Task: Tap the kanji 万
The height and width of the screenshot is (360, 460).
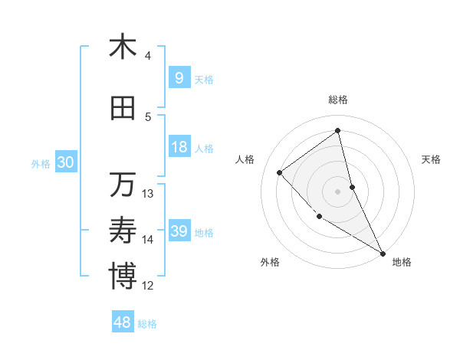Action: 123,185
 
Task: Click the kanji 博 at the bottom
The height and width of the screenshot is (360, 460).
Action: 123,277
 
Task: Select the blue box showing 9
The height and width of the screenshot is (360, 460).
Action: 179,78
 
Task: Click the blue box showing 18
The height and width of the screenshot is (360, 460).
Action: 179,147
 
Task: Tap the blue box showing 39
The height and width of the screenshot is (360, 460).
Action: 179,231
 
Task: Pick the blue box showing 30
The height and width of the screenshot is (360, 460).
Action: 65,162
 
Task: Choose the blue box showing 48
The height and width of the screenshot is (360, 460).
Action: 123,322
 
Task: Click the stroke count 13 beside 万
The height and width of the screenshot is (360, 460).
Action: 149,193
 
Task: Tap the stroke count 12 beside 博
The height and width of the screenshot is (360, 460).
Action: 149,286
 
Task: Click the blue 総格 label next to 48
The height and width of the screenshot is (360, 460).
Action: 148,324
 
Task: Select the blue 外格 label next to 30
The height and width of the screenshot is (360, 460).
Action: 41,163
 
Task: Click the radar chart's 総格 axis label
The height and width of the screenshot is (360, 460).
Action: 338,100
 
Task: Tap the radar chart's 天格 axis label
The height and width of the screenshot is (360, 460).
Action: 432,159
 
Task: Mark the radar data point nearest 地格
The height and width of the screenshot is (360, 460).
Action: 383,253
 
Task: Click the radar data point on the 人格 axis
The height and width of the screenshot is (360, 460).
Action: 280,172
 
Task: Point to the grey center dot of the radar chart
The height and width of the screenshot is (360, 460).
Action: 338,191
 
